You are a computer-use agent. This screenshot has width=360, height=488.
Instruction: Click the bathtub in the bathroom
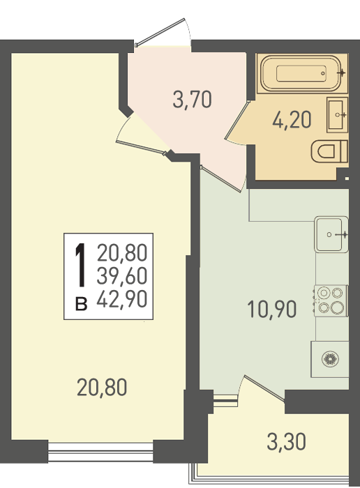tap(301, 73)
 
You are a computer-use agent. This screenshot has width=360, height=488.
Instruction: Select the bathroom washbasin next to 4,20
tap(337, 115)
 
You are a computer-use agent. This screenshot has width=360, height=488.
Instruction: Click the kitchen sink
tap(331, 234)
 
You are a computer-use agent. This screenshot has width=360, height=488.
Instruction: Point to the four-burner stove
tap(331, 300)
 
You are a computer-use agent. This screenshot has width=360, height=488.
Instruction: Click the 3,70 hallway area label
tap(192, 100)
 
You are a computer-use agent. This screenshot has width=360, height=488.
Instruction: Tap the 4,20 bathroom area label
tap(292, 120)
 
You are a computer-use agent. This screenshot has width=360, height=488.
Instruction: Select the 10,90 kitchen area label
tap(271, 310)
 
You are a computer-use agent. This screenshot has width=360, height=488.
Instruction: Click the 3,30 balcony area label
tap(286, 442)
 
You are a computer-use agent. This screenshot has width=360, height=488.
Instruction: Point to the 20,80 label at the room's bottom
tap(102, 387)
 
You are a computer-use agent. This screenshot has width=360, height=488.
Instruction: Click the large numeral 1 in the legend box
tap(81, 265)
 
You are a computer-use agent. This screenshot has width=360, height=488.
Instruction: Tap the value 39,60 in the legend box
tap(122, 276)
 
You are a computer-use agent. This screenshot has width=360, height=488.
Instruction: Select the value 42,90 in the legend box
tap(122, 299)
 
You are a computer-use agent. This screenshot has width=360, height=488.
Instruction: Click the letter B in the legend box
tap(81, 304)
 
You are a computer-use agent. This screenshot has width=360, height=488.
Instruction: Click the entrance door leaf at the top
tap(160, 32)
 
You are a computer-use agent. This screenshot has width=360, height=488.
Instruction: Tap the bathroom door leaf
tap(237, 119)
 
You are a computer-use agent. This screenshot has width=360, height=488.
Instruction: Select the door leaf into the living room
tap(140, 147)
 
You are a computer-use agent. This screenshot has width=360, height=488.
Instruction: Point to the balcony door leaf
tap(264, 388)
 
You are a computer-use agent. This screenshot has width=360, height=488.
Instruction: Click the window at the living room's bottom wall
tap(100, 451)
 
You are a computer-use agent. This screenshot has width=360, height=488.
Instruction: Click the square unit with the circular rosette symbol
tap(330, 359)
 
